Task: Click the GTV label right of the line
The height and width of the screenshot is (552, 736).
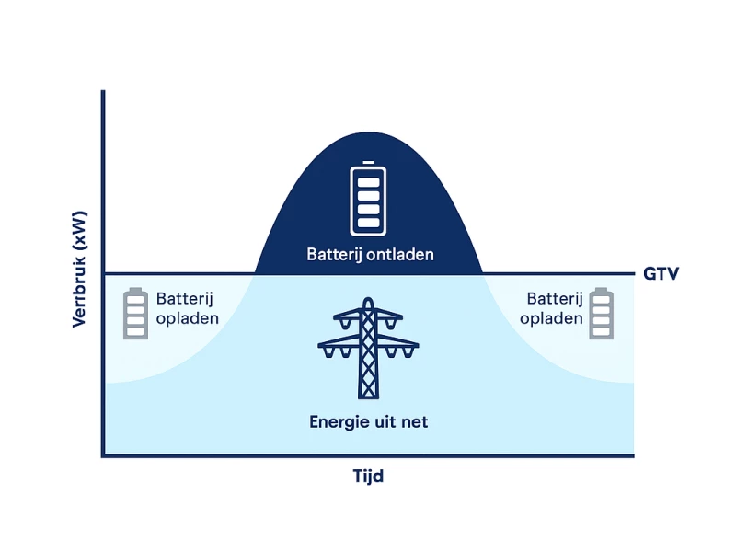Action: coord(661,273)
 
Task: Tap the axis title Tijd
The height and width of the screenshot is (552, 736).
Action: coord(368,477)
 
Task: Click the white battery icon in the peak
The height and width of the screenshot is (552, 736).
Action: coord(368,199)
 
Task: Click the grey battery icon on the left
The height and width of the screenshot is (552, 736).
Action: coord(136,314)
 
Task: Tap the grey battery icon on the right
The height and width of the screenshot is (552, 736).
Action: coord(602,314)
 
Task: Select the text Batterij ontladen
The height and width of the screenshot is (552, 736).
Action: coord(370,254)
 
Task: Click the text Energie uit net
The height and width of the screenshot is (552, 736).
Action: coord(369,422)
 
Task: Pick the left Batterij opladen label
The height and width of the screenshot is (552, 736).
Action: coord(188,308)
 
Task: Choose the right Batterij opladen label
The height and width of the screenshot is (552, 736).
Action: coord(552,308)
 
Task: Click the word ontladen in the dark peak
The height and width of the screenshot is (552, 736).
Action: coord(401,254)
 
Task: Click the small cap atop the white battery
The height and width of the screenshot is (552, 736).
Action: coord(369,163)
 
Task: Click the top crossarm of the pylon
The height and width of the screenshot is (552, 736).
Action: coord(368,317)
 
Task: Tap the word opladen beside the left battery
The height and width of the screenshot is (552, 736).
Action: coord(188,318)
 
